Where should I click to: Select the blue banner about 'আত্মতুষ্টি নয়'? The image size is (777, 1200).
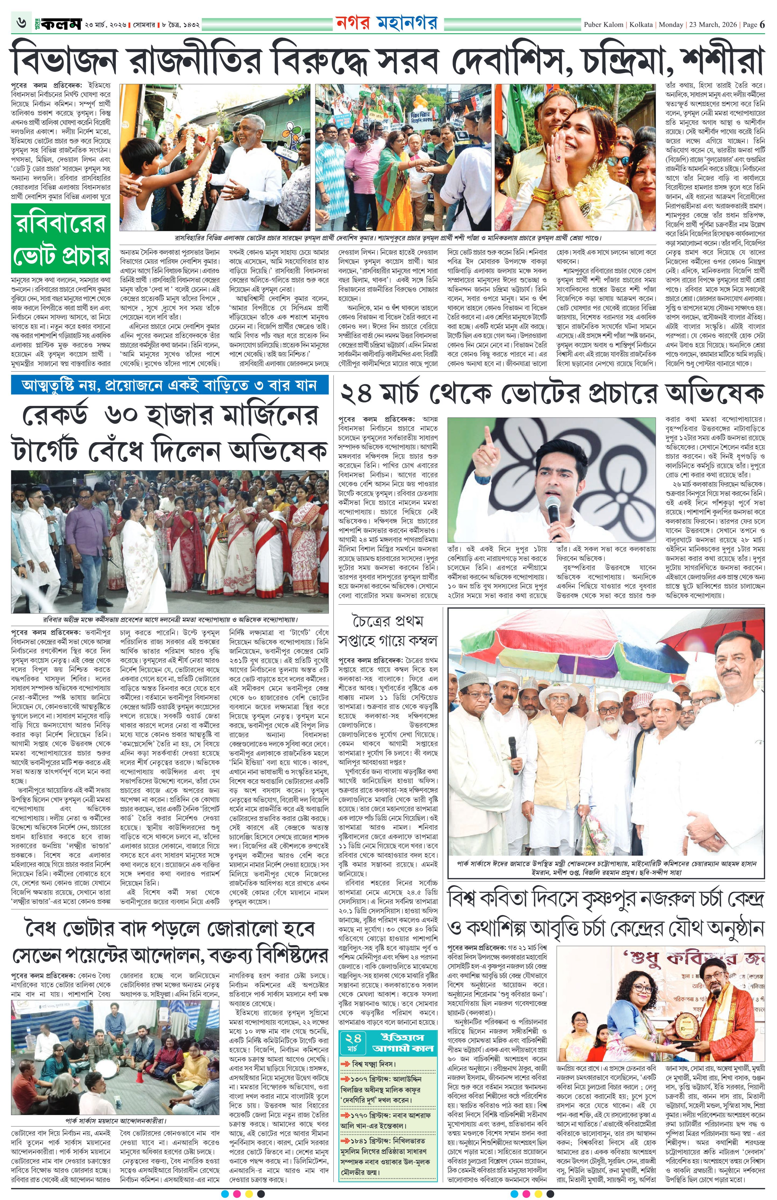169,386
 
